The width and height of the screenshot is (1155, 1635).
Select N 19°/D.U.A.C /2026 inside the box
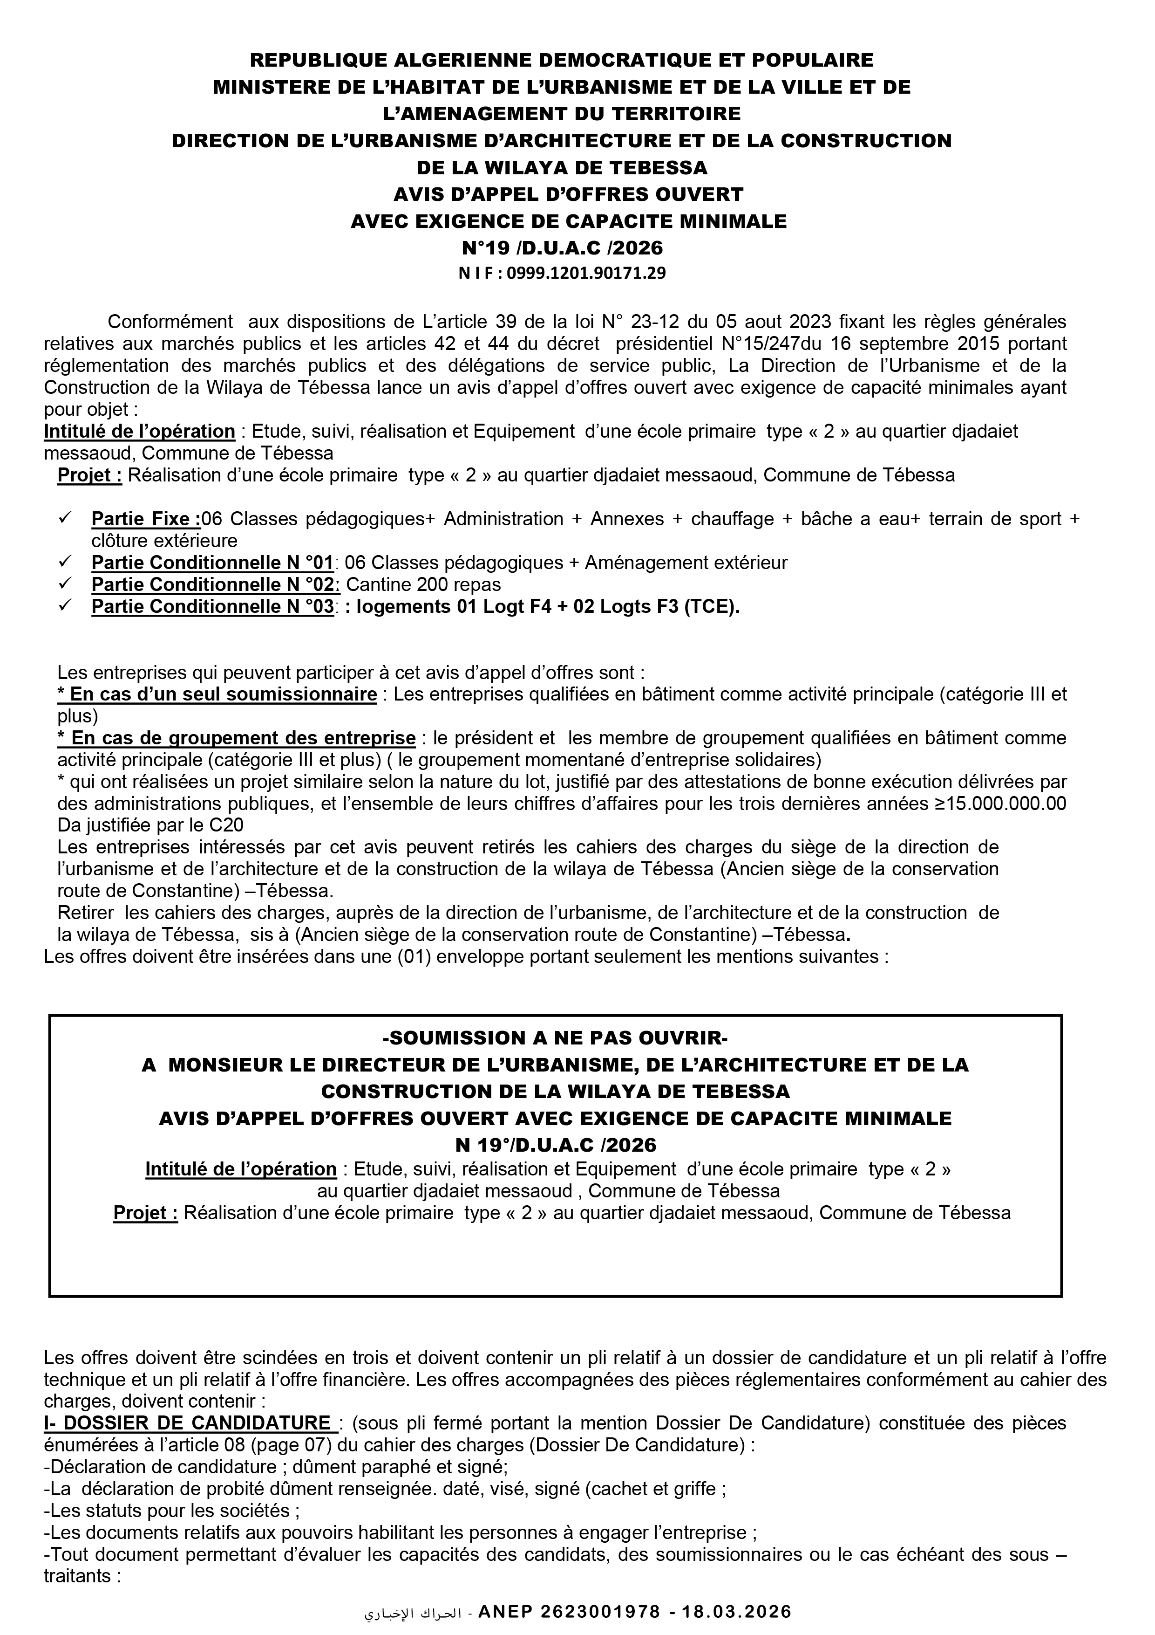[x=555, y=1145]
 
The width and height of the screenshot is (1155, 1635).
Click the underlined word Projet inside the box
[x=145, y=1213]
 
